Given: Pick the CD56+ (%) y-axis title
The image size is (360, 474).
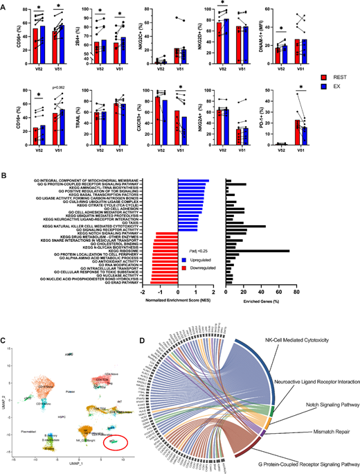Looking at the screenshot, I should pyautogui.click(x=8, y=30).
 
